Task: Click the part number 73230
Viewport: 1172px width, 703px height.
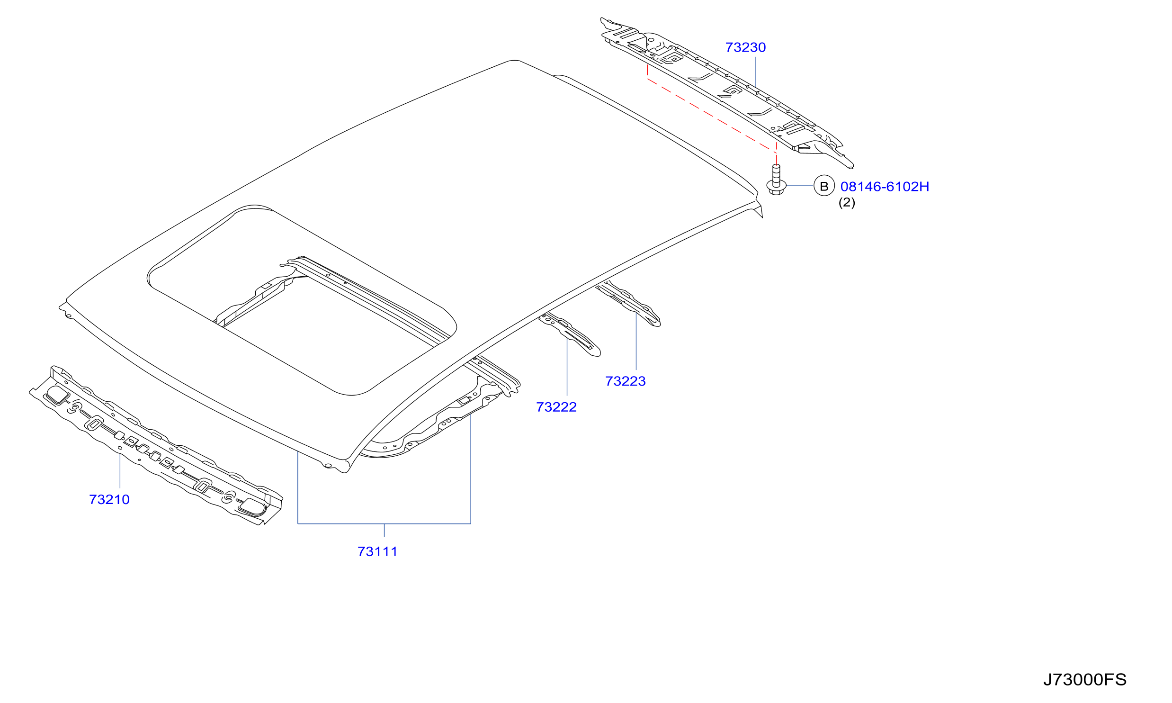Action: click(745, 47)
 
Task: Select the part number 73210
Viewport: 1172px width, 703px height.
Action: click(109, 499)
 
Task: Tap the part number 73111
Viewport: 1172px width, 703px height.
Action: click(377, 551)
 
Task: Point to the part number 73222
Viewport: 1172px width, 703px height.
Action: click(556, 407)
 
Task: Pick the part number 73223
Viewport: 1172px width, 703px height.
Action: click(626, 381)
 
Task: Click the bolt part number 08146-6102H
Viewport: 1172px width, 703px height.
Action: click(885, 187)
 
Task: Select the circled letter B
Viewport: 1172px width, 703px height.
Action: click(824, 186)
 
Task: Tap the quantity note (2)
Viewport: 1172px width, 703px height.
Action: click(847, 202)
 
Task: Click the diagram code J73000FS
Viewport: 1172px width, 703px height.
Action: click(1084, 679)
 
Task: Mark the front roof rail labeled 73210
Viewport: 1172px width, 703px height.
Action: click(156, 445)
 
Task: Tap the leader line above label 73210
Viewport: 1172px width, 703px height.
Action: click(120, 471)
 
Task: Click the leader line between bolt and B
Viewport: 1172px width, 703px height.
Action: click(800, 185)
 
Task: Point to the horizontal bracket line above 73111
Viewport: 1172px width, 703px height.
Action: click(384, 523)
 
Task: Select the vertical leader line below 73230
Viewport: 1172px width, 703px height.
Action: click(755, 72)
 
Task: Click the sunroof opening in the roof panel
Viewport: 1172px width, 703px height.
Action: click(303, 301)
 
